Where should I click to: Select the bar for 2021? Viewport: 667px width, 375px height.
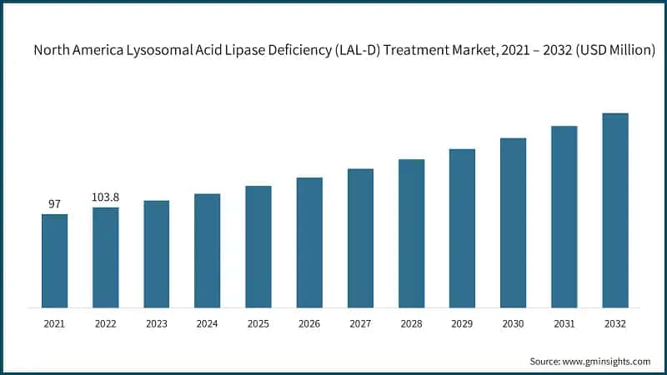[55, 261]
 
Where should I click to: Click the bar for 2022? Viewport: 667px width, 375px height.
[106, 257]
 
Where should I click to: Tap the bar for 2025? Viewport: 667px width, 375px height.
[258, 247]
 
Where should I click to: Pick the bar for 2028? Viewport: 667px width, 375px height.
[411, 233]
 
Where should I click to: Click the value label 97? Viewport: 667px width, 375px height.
[55, 204]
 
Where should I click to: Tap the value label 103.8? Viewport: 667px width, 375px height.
[106, 197]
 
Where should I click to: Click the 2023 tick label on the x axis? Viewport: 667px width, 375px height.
[157, 322]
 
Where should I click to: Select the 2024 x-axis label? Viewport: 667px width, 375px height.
[208, 322]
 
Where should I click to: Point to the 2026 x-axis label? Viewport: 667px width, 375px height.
[309, 322]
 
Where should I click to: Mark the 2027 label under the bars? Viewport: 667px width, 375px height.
[360, 322]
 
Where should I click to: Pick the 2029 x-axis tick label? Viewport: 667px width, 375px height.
[462, 322]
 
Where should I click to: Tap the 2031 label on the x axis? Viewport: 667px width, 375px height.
[564, 322]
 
